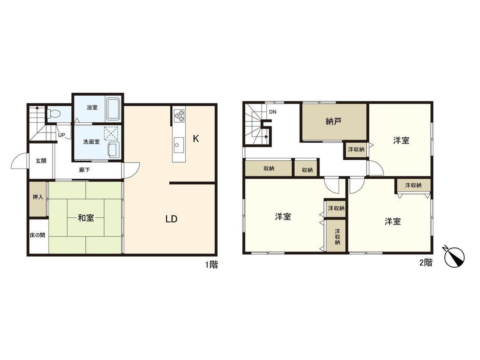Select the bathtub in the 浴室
click(113, 109)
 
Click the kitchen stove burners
click(179, 115)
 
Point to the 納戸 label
click(333, 121)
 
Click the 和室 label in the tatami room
click(86, 218)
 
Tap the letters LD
click(172, 219)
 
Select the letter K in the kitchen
click(196, 139)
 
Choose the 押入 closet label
click(38, 198)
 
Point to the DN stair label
click(272, 112)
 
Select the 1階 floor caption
click(211, 265)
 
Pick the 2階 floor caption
click(426, 263)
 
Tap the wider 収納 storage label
click(268, 168)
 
